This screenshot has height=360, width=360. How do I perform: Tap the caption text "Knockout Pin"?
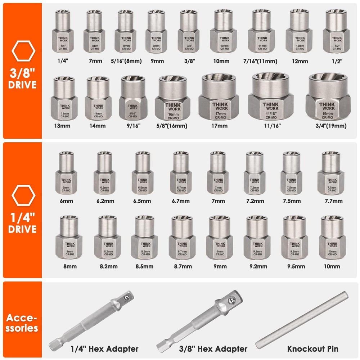pos(312,348)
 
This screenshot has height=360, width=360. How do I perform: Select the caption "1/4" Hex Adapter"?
pos(104,348)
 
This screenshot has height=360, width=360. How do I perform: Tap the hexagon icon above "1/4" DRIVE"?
pos(23,195)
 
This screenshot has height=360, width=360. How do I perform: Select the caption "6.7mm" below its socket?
pos(181,201)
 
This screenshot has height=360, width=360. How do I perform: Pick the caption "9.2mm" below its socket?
pos(257,266)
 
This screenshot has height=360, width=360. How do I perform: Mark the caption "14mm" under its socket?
pos(98,126)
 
